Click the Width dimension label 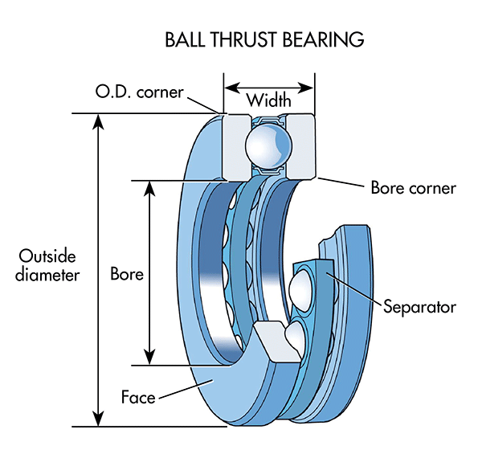268,100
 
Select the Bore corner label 413,188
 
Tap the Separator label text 419,306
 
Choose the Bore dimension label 126,273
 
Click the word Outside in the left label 47,257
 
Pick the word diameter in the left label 49,275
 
